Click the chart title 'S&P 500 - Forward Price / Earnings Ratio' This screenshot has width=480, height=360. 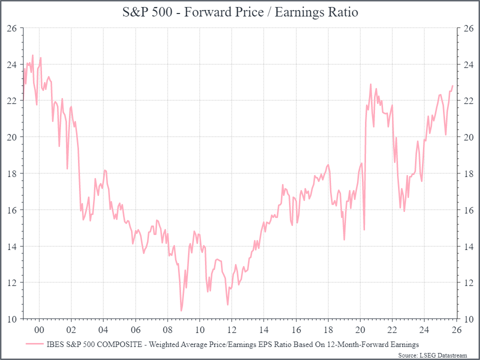point(240,12)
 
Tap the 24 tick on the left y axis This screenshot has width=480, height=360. point(12,65)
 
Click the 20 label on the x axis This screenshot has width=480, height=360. point(360,329)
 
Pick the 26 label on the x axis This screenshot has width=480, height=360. point(456,329)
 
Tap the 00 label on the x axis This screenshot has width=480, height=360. point(38,329)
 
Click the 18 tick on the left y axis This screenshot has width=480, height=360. point(12,174)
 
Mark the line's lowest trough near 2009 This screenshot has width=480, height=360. point(181,311)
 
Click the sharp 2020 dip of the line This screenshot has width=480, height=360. point(364,230)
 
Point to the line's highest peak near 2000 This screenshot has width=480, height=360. point(32,55)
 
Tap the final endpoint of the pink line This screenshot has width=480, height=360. point(452,86)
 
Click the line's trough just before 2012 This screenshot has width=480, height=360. point(227,305)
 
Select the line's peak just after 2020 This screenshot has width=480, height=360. point(370,84)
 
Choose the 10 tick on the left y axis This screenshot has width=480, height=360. point(12,319)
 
